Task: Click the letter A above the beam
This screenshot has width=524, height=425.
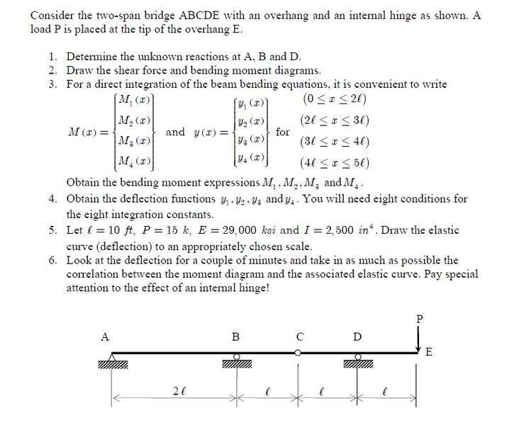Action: (x=104, y=337)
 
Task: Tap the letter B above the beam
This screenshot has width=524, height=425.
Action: (x=236, y=337)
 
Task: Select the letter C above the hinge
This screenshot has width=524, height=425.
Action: (x=300, y=337)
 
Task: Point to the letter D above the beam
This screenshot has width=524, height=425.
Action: (x=358, y=337)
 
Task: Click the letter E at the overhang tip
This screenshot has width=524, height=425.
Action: (x=428, y=352)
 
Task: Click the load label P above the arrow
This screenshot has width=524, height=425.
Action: (x=418, y=319)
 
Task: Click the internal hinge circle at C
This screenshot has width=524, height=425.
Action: (x=299, y=352)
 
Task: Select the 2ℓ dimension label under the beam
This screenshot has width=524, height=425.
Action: (x=180, y=390)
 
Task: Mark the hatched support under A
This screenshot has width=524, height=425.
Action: (x=113, y=364)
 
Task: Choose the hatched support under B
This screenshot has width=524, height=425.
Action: (x=237, y=363)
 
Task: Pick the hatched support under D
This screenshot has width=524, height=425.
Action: (x=359, y=363)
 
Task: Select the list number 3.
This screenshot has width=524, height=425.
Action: (x=53, y=84)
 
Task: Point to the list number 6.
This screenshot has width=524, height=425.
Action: (x=53, y=260)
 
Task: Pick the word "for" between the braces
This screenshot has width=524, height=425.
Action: (x=283, y=132)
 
